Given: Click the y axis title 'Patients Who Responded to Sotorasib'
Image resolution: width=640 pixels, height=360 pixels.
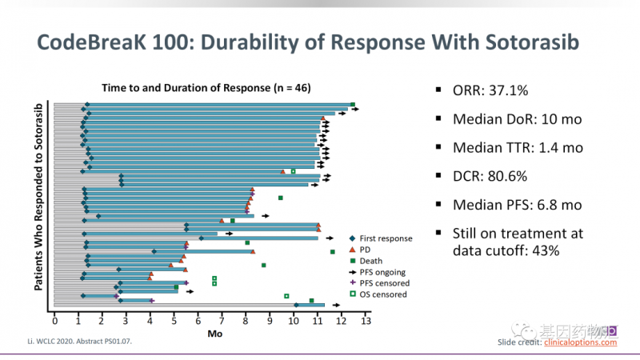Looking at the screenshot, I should click(38, 206).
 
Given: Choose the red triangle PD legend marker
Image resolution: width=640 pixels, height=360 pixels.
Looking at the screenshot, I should click(353, 250).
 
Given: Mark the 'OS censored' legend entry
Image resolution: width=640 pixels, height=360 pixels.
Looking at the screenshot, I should click(383, 294).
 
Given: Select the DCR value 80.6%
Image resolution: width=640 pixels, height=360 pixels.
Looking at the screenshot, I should click(512, 176).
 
